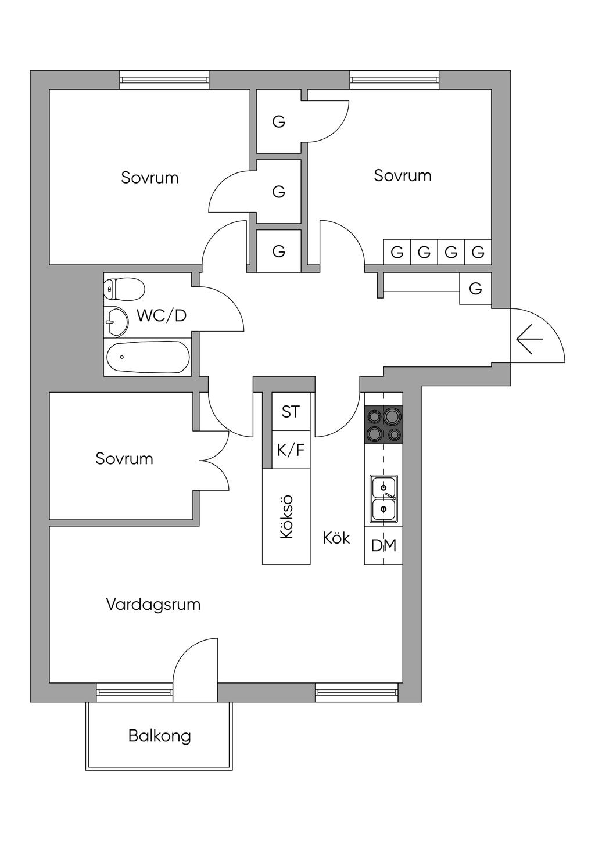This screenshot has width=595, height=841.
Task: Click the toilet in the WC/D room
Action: [x=124, y=289]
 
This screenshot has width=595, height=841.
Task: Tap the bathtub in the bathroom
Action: [x=148, y=357]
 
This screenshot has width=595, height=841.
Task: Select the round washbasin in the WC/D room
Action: [x=116, y=322]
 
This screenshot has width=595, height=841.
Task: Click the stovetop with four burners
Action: [x=383, y=425]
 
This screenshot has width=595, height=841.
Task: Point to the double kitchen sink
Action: [x=383, y=498]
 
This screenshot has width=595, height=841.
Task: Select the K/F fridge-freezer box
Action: [x=291, y=450]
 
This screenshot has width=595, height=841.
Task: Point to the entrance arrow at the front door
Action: [x=530, y=339]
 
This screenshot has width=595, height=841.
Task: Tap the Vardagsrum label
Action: [x=153, y=605]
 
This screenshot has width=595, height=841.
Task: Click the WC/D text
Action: [x=162, y=316]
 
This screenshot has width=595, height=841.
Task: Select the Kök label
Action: [x=336, y=538]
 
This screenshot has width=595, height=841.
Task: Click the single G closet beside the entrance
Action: [x=475, y=288]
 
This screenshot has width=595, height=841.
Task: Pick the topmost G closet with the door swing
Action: [x=279, y=121]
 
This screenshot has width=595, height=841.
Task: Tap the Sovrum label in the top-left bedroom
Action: [x=150, y=178]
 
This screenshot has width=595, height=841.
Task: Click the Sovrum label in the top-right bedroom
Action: [x=403, y=176]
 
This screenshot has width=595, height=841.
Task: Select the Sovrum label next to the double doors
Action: [x=124, y=459]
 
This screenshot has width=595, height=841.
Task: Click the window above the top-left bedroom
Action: [x=164, y=80]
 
